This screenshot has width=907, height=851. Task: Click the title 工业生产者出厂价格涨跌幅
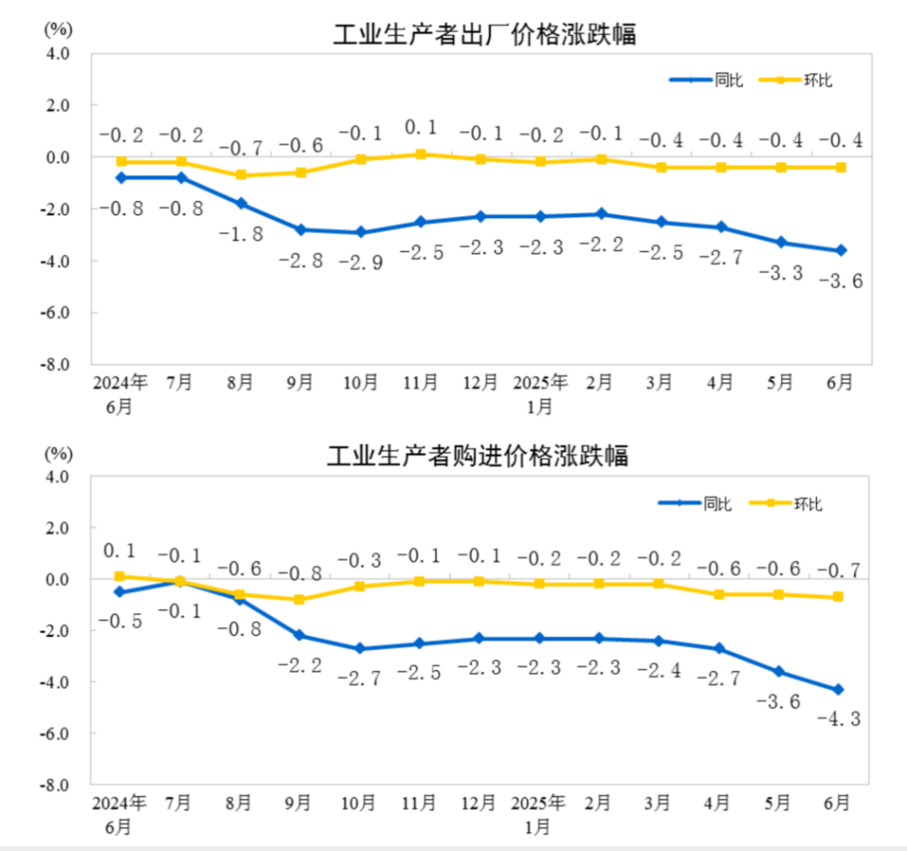pos(485,34)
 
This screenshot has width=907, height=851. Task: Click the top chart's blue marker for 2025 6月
pos(840,250)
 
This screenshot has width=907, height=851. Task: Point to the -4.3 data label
pos(839,719)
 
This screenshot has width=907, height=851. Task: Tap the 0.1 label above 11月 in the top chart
pos(420,128)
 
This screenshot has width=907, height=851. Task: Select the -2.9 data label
pos(360,262)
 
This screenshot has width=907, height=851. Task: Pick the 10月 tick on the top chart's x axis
pos(360,382)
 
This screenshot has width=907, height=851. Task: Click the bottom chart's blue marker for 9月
pos(300,635)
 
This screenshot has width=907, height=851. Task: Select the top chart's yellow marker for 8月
pos(241,175)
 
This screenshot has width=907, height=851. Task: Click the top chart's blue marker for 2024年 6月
pos(121,177)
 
